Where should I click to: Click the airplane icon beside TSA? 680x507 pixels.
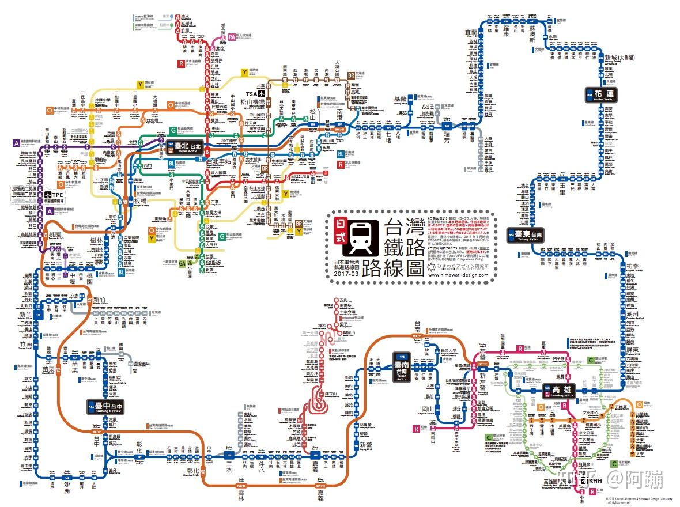coord(263,93)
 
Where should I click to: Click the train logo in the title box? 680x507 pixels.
coord(360,237)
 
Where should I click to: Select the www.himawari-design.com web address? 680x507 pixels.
coord(458,275)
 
